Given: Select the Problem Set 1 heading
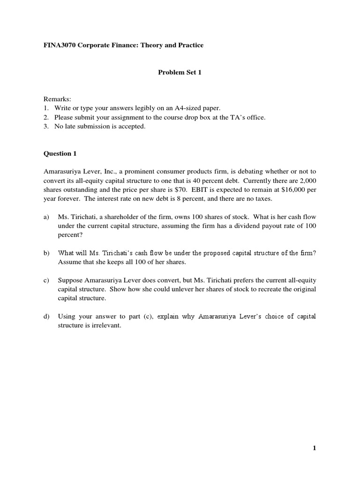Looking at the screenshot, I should coord(180,72).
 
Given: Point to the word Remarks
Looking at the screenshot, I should coord(57,99).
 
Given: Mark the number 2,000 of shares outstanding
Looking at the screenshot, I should coord(306,180).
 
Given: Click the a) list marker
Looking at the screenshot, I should coord(46,217).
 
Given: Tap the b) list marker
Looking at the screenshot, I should coord(46,253).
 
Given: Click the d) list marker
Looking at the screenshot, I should coord(46,316).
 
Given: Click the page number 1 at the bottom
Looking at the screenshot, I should coord(315,448).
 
